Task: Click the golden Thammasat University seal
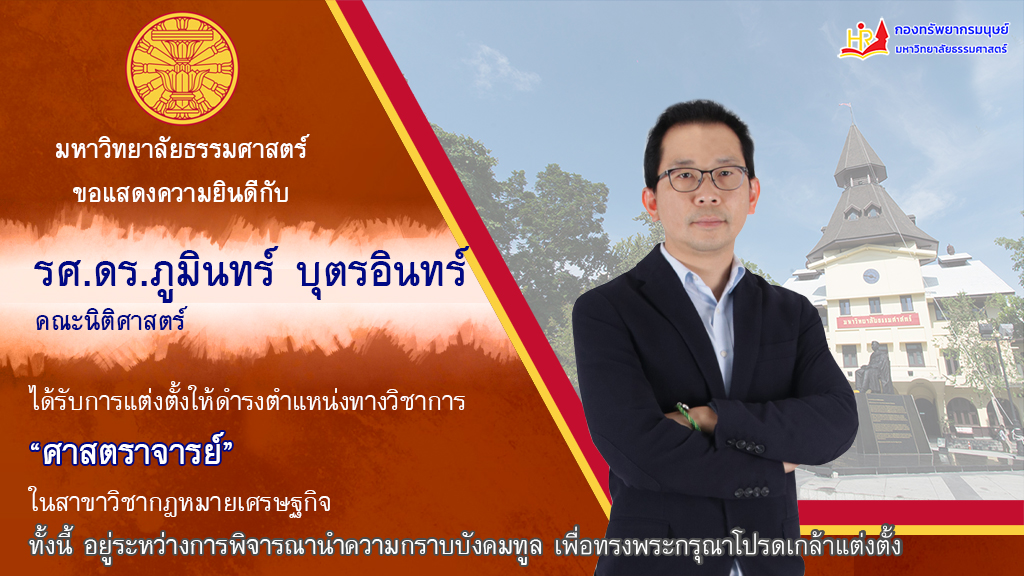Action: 182,68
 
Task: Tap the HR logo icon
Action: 863,39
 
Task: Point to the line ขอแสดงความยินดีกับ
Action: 181,193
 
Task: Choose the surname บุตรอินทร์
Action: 382,270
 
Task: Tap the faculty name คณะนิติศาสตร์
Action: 111,321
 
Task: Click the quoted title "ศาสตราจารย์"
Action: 132,452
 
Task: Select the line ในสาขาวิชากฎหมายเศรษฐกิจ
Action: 180,502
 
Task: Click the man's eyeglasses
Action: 703,178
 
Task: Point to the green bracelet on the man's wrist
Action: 688,417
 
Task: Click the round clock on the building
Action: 871,276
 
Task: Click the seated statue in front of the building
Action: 875,368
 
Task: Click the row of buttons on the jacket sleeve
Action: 745,446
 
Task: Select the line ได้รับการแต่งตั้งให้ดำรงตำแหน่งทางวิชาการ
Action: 247,399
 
